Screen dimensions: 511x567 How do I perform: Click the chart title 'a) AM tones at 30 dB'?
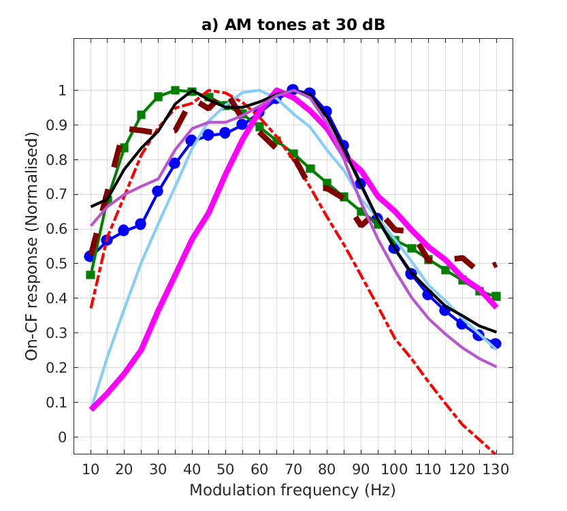pyautogui.click(x=293, y=26)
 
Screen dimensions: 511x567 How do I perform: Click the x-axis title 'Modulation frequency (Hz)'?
pyautogui.click(x=293, y=490)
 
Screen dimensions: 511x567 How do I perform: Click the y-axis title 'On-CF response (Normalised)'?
pyautogui.click(x=31, y=246)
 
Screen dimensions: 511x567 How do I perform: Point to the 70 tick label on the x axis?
pyautogui.click(x=293, y=469)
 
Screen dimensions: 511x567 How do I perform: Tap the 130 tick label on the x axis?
pyautogui.click(x=496, y=469)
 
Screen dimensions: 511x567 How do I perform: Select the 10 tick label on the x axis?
pyautogui.click(x=91, y=469)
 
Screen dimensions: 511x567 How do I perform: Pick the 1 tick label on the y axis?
pyautogui.click(x=62, y=90)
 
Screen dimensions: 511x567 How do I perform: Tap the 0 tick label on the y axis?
pyautogui.click(x=62, y=437)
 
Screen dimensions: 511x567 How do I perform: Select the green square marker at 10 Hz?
pyautogui.click(x=91, y=275)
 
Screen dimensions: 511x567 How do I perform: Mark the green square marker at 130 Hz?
pyautogui.click(x=496, y=296)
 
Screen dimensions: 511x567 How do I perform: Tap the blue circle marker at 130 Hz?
pyautogui.click(x=496, y=343)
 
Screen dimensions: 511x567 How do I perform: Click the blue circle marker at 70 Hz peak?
pyautogui.click(x=293, y=90)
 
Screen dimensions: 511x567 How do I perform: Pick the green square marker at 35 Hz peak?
pyautogui.click(x=175, y=90)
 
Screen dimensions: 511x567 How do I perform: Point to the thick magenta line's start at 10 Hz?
pyautogui.click(x=92, y=408)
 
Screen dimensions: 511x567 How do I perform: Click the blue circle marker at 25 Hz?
pyautogui.click(x=141, y=224)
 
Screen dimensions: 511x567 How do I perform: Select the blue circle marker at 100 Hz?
pyautogui.click(x=394, y=248)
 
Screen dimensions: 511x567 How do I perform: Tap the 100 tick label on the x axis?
pyautogui.click(x=394, y=469)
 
